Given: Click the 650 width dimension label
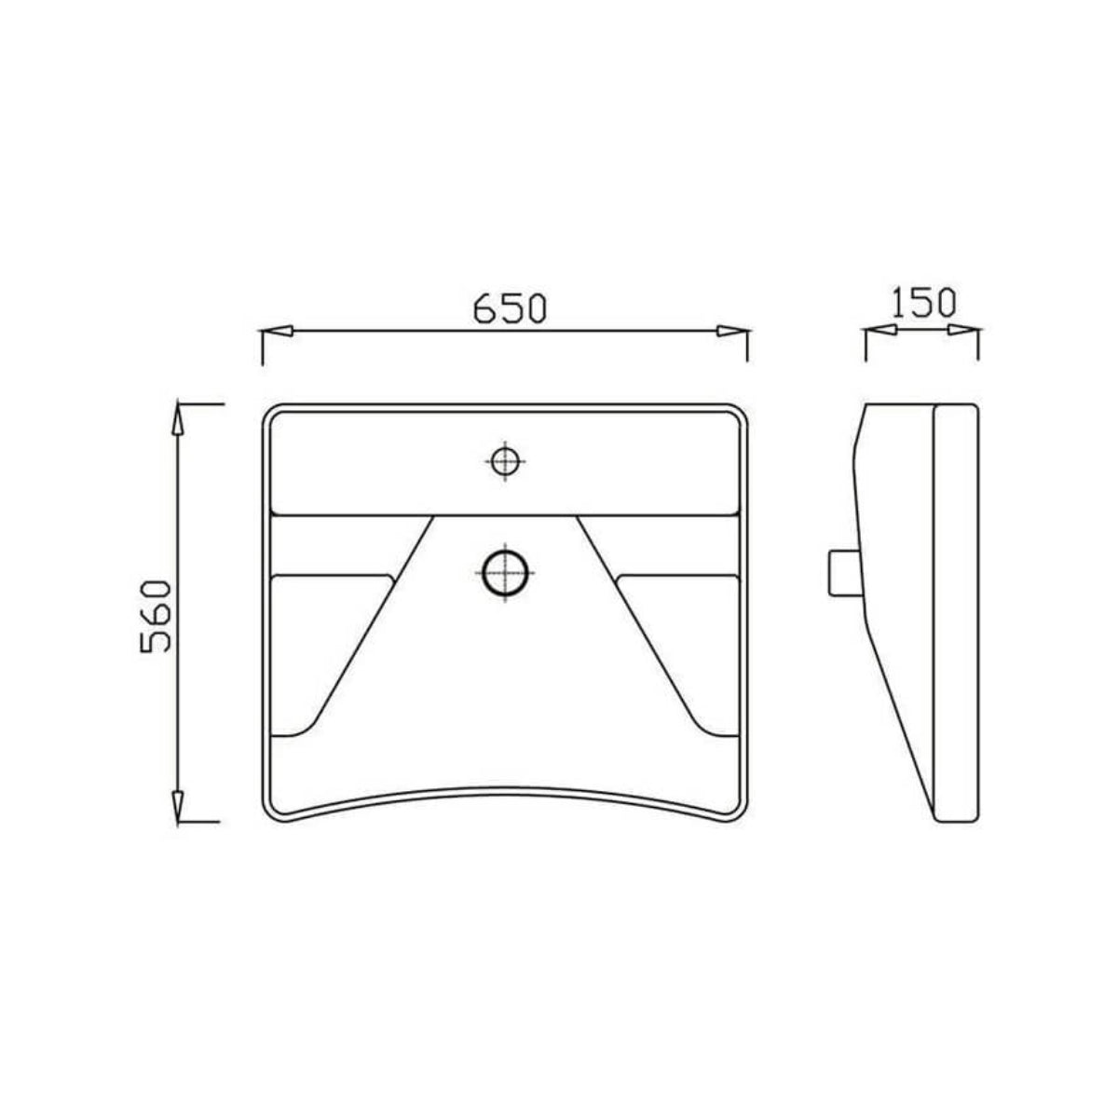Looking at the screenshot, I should tap(508, 307).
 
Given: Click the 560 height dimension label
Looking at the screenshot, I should tap(156, 615).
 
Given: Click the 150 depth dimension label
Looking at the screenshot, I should tap(922, 304).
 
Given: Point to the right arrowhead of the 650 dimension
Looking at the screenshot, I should tap(732, 331).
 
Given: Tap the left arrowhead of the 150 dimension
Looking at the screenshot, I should tap(879, 330).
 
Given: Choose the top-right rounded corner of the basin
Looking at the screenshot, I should tap(739, 414).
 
